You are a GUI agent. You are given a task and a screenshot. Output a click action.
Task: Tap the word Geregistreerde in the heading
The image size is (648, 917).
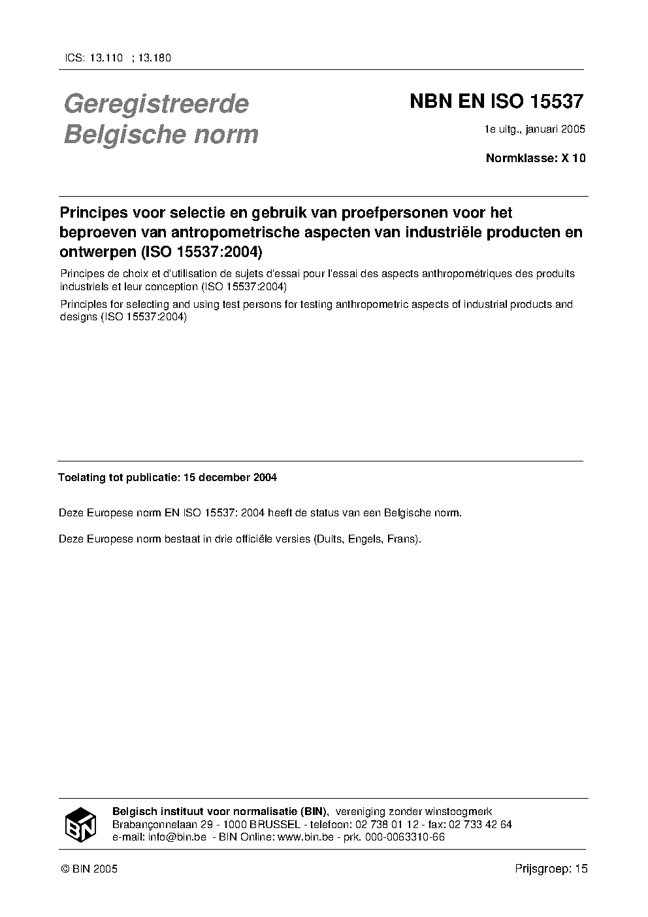coord(156,104)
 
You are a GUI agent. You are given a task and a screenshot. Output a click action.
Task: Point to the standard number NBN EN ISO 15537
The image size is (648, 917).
coord(496,102)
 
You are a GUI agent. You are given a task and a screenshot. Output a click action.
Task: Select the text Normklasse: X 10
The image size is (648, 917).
coord(536,158)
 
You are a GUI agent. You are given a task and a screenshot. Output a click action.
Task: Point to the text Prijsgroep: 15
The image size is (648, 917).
coord(551,869)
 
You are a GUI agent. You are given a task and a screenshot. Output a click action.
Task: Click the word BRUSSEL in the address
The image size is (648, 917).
coord(274,825)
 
